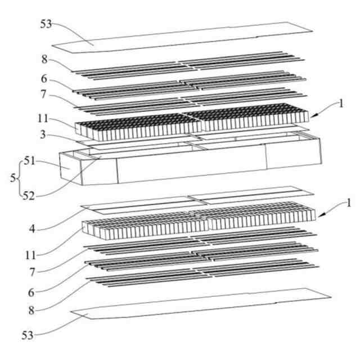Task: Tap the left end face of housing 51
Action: tap(70, 166)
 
